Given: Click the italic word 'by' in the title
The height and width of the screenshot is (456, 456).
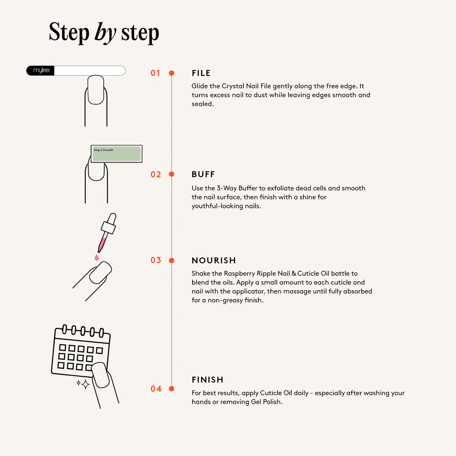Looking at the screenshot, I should tap(105, 33).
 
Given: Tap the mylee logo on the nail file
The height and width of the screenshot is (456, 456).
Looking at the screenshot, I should tap(41, 70).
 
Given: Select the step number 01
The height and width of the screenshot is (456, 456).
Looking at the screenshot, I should tap(155, 73).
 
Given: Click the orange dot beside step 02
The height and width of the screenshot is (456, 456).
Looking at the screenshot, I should tap(172, 174).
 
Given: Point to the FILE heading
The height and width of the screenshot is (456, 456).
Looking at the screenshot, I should tap(201, 73).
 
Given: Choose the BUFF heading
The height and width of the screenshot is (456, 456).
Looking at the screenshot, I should tap(203, 175).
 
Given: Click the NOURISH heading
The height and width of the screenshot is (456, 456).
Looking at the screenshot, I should tap(214, 260).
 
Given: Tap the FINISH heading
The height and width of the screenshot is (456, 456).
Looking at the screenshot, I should tap(207, 380).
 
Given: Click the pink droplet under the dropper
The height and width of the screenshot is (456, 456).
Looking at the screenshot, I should tap(97, 258).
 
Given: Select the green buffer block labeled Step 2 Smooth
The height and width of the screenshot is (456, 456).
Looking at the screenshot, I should tap(116, 154).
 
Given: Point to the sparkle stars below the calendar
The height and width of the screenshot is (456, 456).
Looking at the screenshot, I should tap(83, 384).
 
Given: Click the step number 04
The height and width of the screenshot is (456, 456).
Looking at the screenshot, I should tap(156, 389).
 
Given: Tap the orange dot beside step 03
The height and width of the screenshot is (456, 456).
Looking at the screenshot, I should tap(172, 260).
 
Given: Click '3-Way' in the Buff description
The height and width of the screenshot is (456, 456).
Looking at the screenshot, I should tap(226, 188).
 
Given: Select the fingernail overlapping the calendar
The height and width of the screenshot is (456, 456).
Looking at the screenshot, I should tap(100, 375).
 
